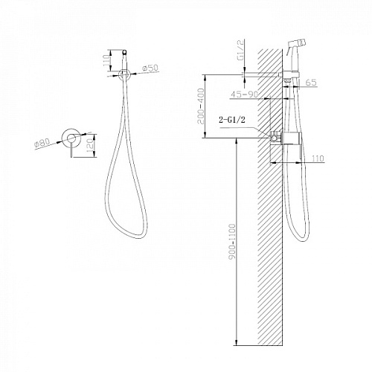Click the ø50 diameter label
point(150,68)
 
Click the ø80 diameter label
point(42,144)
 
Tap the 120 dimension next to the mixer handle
point(90,144)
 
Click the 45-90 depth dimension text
point(245,94)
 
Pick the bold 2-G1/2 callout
point(232,120)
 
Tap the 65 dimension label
point(311,83)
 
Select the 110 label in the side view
point(318,158)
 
